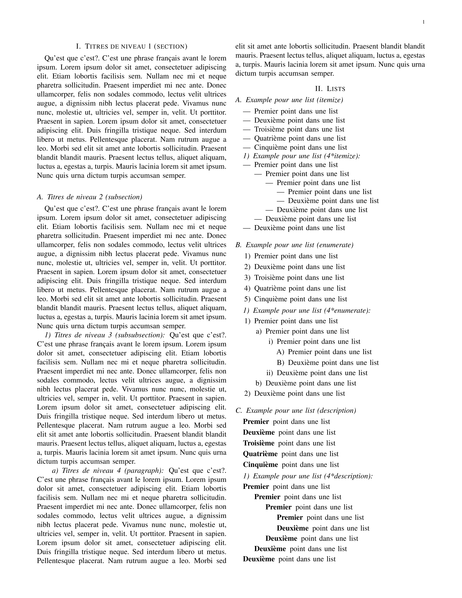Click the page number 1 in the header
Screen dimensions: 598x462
pyautogui.click(x=423, y=22)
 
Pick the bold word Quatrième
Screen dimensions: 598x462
pyautogui.click(x=260, y=454)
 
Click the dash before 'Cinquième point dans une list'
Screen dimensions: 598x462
pyautogui.click(x=247, y=147)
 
